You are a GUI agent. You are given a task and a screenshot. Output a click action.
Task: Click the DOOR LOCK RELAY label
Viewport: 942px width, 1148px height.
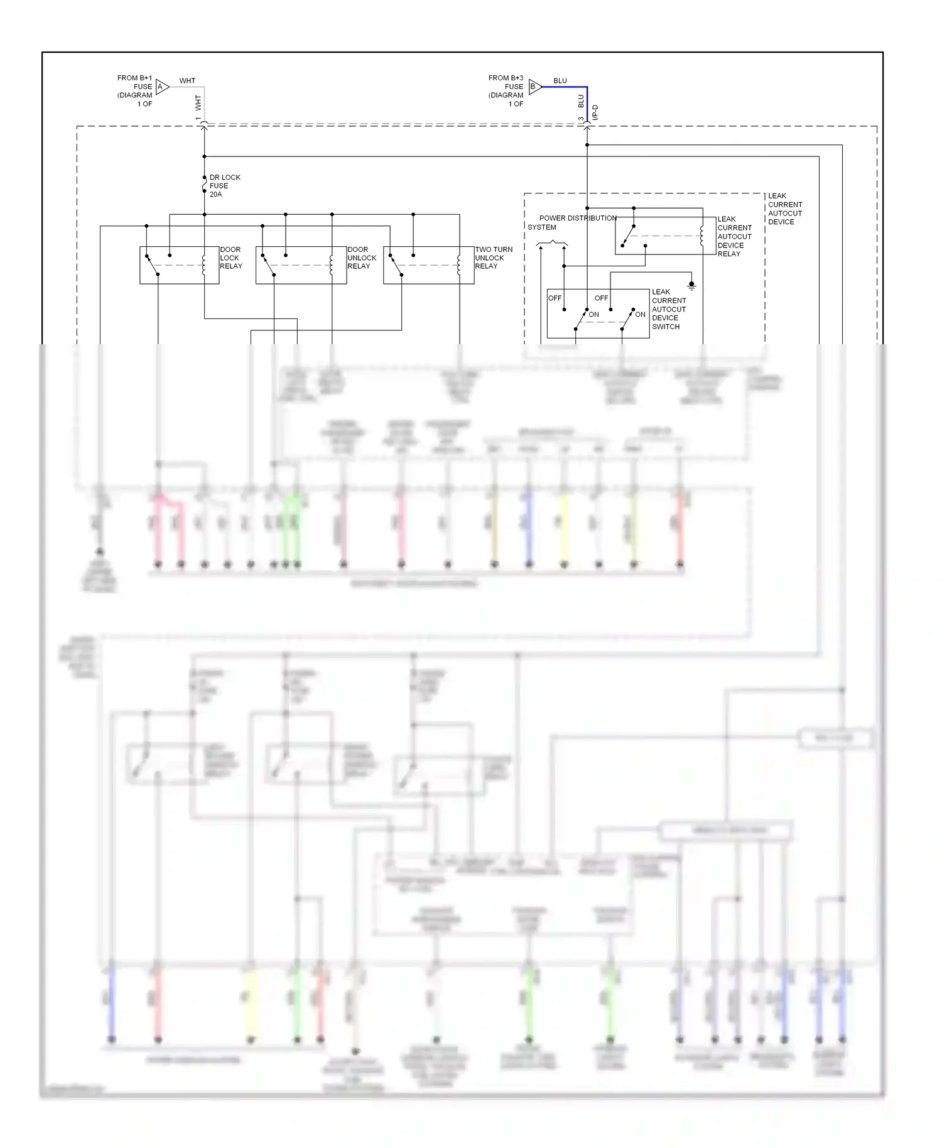point(230,258)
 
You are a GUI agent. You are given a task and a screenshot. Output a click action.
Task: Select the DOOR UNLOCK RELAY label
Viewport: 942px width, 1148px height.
point(362,258)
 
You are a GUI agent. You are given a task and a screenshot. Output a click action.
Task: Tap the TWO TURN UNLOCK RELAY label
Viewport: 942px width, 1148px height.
point(493,258)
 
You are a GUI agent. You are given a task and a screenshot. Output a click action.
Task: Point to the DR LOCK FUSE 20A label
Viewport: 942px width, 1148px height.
point(224,186)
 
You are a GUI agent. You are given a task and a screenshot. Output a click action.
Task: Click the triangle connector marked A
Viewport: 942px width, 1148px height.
point(161,87)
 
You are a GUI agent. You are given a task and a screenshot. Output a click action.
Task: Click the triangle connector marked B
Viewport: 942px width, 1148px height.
point(534,87)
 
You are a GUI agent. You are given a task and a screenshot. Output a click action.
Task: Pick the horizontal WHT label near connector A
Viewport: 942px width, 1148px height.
point(187,81)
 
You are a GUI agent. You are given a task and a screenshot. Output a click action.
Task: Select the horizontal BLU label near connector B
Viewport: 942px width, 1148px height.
point(560,81)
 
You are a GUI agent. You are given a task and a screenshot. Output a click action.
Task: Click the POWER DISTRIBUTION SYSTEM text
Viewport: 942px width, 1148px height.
point(571,222)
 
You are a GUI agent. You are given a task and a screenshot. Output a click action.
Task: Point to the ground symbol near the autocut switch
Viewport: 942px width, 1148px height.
point(691,285)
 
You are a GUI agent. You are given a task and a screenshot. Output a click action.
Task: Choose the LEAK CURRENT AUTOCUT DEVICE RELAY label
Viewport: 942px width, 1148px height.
point(734,237)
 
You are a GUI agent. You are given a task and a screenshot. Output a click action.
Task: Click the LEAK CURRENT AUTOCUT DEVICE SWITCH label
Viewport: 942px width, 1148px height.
point(668,310)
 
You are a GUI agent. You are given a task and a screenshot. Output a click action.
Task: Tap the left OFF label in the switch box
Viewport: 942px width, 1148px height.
point(555,298)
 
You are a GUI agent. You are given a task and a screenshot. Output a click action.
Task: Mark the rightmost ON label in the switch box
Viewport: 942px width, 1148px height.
point(640,315)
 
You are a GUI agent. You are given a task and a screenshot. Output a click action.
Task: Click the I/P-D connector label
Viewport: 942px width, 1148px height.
point(595,112)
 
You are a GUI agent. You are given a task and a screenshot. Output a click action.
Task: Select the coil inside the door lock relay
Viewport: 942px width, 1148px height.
point(203,265)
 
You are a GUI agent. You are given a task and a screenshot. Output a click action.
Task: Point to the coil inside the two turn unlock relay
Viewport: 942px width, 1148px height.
point(459,265)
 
